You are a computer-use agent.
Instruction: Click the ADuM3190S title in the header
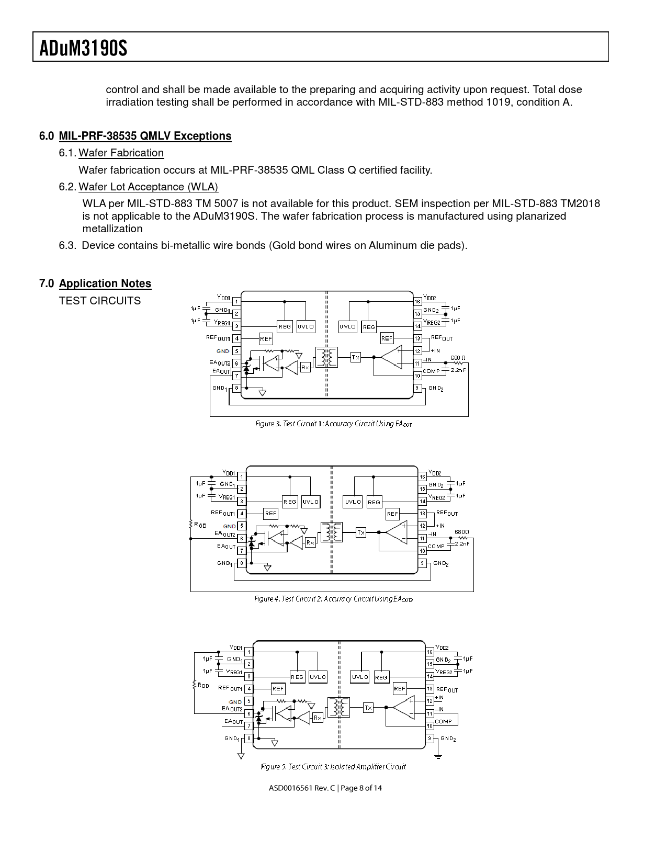tap(84, 48)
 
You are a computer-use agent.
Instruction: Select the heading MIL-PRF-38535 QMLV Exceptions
tap(145, 136)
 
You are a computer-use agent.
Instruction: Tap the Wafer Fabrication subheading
tap(121, 153)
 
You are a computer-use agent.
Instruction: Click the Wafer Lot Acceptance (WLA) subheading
tap(148, 187)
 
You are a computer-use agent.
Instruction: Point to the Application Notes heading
tap(105, 283)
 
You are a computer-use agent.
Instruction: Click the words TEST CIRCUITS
tap(100, 301)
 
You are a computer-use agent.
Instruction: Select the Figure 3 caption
tap(334, 424)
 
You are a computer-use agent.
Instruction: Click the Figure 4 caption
tap(334, 599)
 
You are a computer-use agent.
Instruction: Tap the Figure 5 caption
tap(333, 767)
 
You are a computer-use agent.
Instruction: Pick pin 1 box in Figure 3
tap(236, 301)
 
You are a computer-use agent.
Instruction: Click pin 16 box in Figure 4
tap(423, 476)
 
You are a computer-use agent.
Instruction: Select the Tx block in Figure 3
tap(355, 357)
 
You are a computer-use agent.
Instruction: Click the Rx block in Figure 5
tap(318, 718)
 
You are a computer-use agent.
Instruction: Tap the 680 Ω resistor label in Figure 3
tap(458, 358)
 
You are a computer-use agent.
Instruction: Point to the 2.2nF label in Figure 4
tap(462, 543)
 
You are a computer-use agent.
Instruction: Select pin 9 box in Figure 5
tap(430, 738)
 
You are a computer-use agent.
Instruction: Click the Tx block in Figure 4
tap(361, 532)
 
